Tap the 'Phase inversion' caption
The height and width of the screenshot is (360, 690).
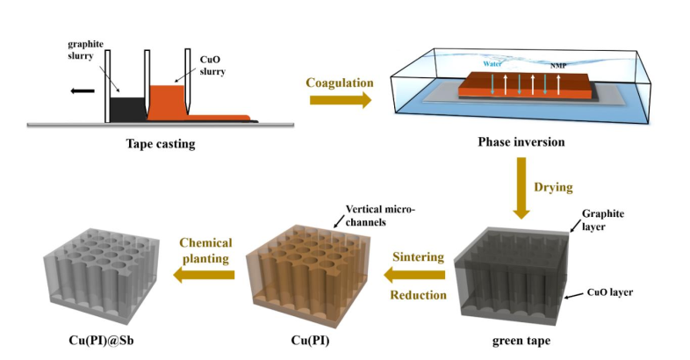coord(521,142)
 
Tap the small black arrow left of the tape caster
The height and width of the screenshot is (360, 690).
coord(83,90)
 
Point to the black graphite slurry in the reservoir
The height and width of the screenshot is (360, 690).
coord(126,107)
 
